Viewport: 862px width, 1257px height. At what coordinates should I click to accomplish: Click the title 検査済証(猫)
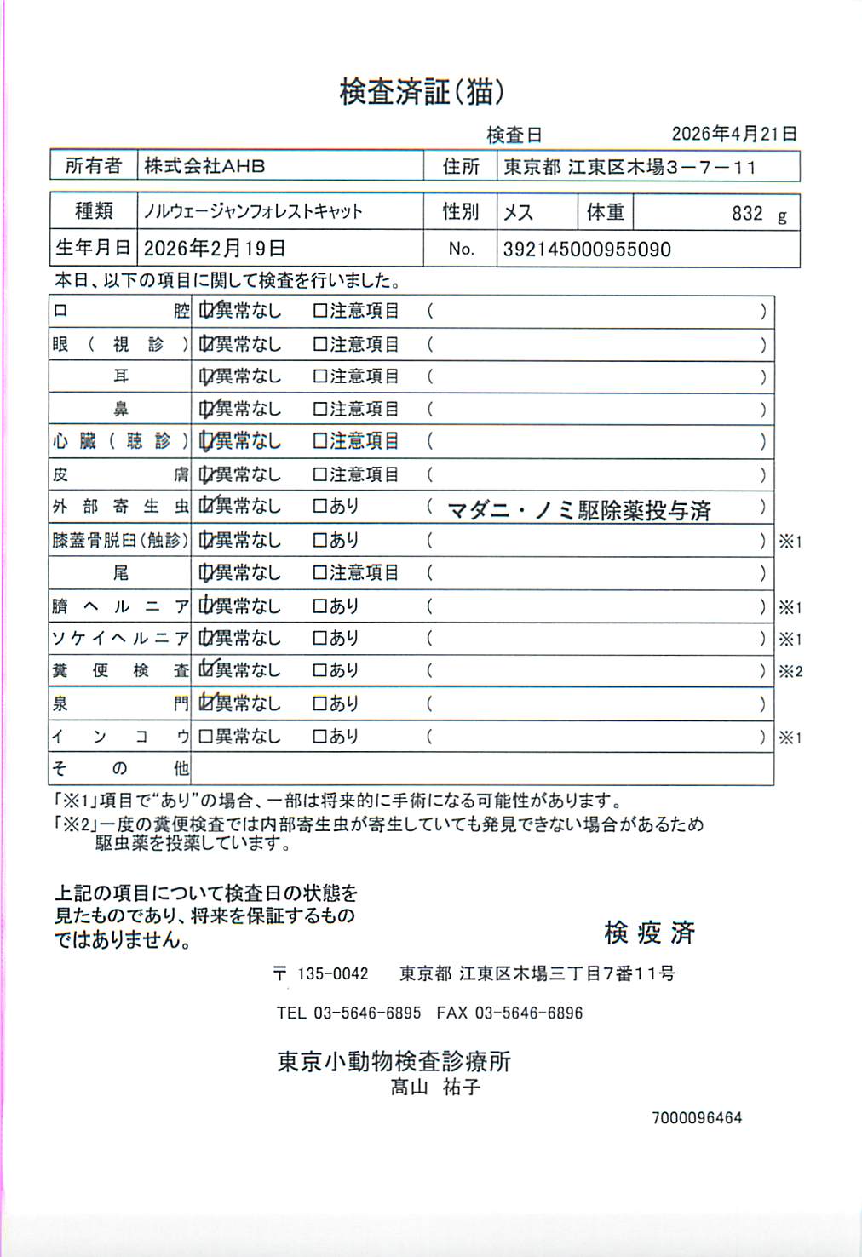click(x=422, y=92)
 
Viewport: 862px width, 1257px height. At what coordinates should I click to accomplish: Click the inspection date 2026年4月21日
click(x=733, y=134)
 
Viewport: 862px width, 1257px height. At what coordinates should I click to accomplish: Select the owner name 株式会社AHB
click(x=204, y=166)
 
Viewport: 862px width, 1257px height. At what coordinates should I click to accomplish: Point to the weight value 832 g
click(x=758, y=214)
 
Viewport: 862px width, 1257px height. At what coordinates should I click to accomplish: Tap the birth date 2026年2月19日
click(x=214, y=249)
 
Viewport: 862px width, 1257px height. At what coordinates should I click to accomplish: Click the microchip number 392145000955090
click(x=586, y=250)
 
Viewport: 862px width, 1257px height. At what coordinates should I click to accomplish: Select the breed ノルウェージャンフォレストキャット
click(x=253, y=211)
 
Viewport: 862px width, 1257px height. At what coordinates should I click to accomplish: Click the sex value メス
click(x=518, y=212)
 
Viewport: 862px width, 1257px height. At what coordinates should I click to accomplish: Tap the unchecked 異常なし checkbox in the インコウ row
click(x=205, y=737)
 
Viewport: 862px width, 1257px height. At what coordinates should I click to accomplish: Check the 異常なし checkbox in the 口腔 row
click(x=206, y=311)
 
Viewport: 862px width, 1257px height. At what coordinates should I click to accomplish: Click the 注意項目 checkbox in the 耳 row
click(x=320, y=376)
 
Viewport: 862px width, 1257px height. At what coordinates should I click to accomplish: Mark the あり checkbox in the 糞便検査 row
click(x=320, y=671)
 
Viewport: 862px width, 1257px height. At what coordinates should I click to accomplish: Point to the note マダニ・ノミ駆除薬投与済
click(x=578, y=510)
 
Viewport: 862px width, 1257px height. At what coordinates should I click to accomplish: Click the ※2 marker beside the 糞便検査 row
click(x=790, y=672)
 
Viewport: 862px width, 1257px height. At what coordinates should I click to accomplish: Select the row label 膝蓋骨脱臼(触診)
click(x=119, y=540)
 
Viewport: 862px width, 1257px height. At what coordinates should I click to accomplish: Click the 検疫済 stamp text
click(x=649, y=933)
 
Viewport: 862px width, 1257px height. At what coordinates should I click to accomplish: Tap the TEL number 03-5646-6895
click(x=367, y=1013)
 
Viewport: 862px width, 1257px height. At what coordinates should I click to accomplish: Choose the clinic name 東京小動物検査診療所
click(x=394, y=1061)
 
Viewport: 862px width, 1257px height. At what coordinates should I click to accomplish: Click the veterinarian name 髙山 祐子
click(x=435, y=1088)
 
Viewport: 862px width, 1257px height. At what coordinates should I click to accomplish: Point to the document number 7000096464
click(x=697, y=1118)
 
